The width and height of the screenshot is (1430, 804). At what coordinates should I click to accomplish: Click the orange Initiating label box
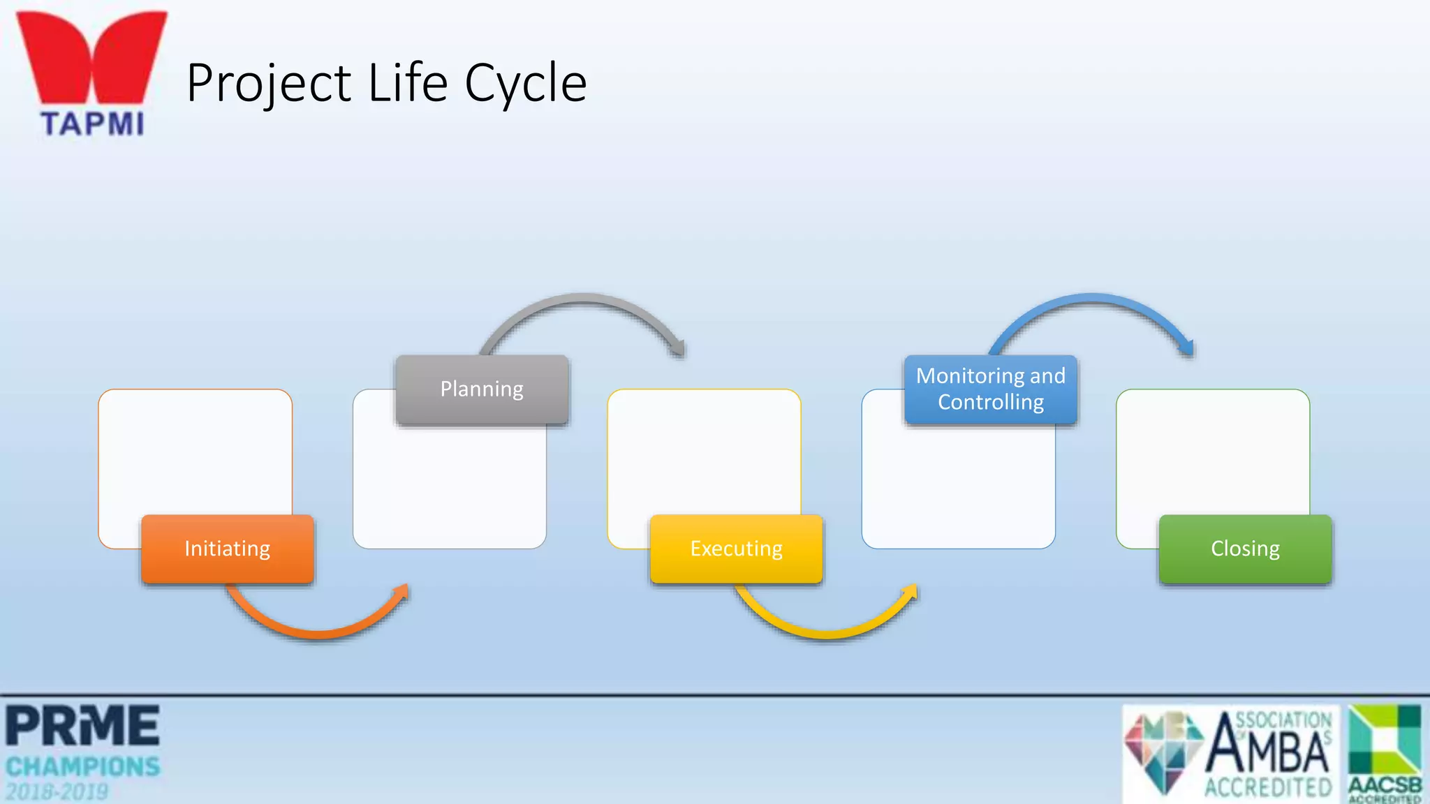click(227, 549)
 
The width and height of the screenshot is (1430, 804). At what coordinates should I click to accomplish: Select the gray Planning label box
click(482, 389)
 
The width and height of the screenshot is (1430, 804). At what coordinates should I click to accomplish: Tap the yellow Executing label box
click(736, 549)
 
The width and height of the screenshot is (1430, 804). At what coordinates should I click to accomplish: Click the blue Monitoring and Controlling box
click(990, 389)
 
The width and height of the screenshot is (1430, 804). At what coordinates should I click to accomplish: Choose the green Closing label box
click(1245, 549)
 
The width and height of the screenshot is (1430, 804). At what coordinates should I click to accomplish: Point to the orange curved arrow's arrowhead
click(402, 592)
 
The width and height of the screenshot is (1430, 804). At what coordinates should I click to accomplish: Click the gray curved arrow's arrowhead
click(678, 348)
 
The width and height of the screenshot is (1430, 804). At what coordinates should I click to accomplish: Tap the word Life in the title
click(407, 82)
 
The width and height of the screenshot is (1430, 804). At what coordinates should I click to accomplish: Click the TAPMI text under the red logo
click(92, 124)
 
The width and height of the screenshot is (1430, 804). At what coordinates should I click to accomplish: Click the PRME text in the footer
click(82, 726)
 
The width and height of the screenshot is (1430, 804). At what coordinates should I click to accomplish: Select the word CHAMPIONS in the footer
click(82, 767)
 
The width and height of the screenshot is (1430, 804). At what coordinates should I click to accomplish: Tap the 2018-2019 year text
click(57, 792)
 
